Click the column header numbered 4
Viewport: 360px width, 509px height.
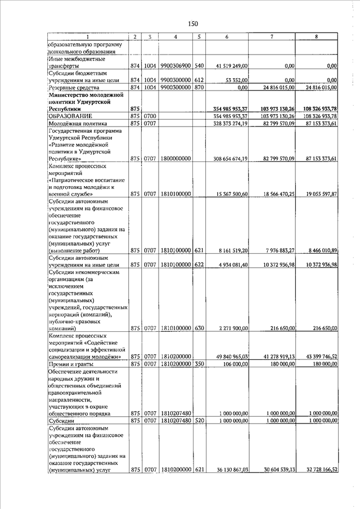click(176, 37)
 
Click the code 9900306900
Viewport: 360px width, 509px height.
click(176, 66)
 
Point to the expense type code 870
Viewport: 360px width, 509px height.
click(198, 87)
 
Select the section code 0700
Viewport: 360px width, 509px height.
click(149, 115)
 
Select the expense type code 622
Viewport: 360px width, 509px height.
click(198, 264)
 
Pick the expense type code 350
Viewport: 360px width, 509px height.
click(198, 364)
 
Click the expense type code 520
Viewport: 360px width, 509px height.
click(198, 420)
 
